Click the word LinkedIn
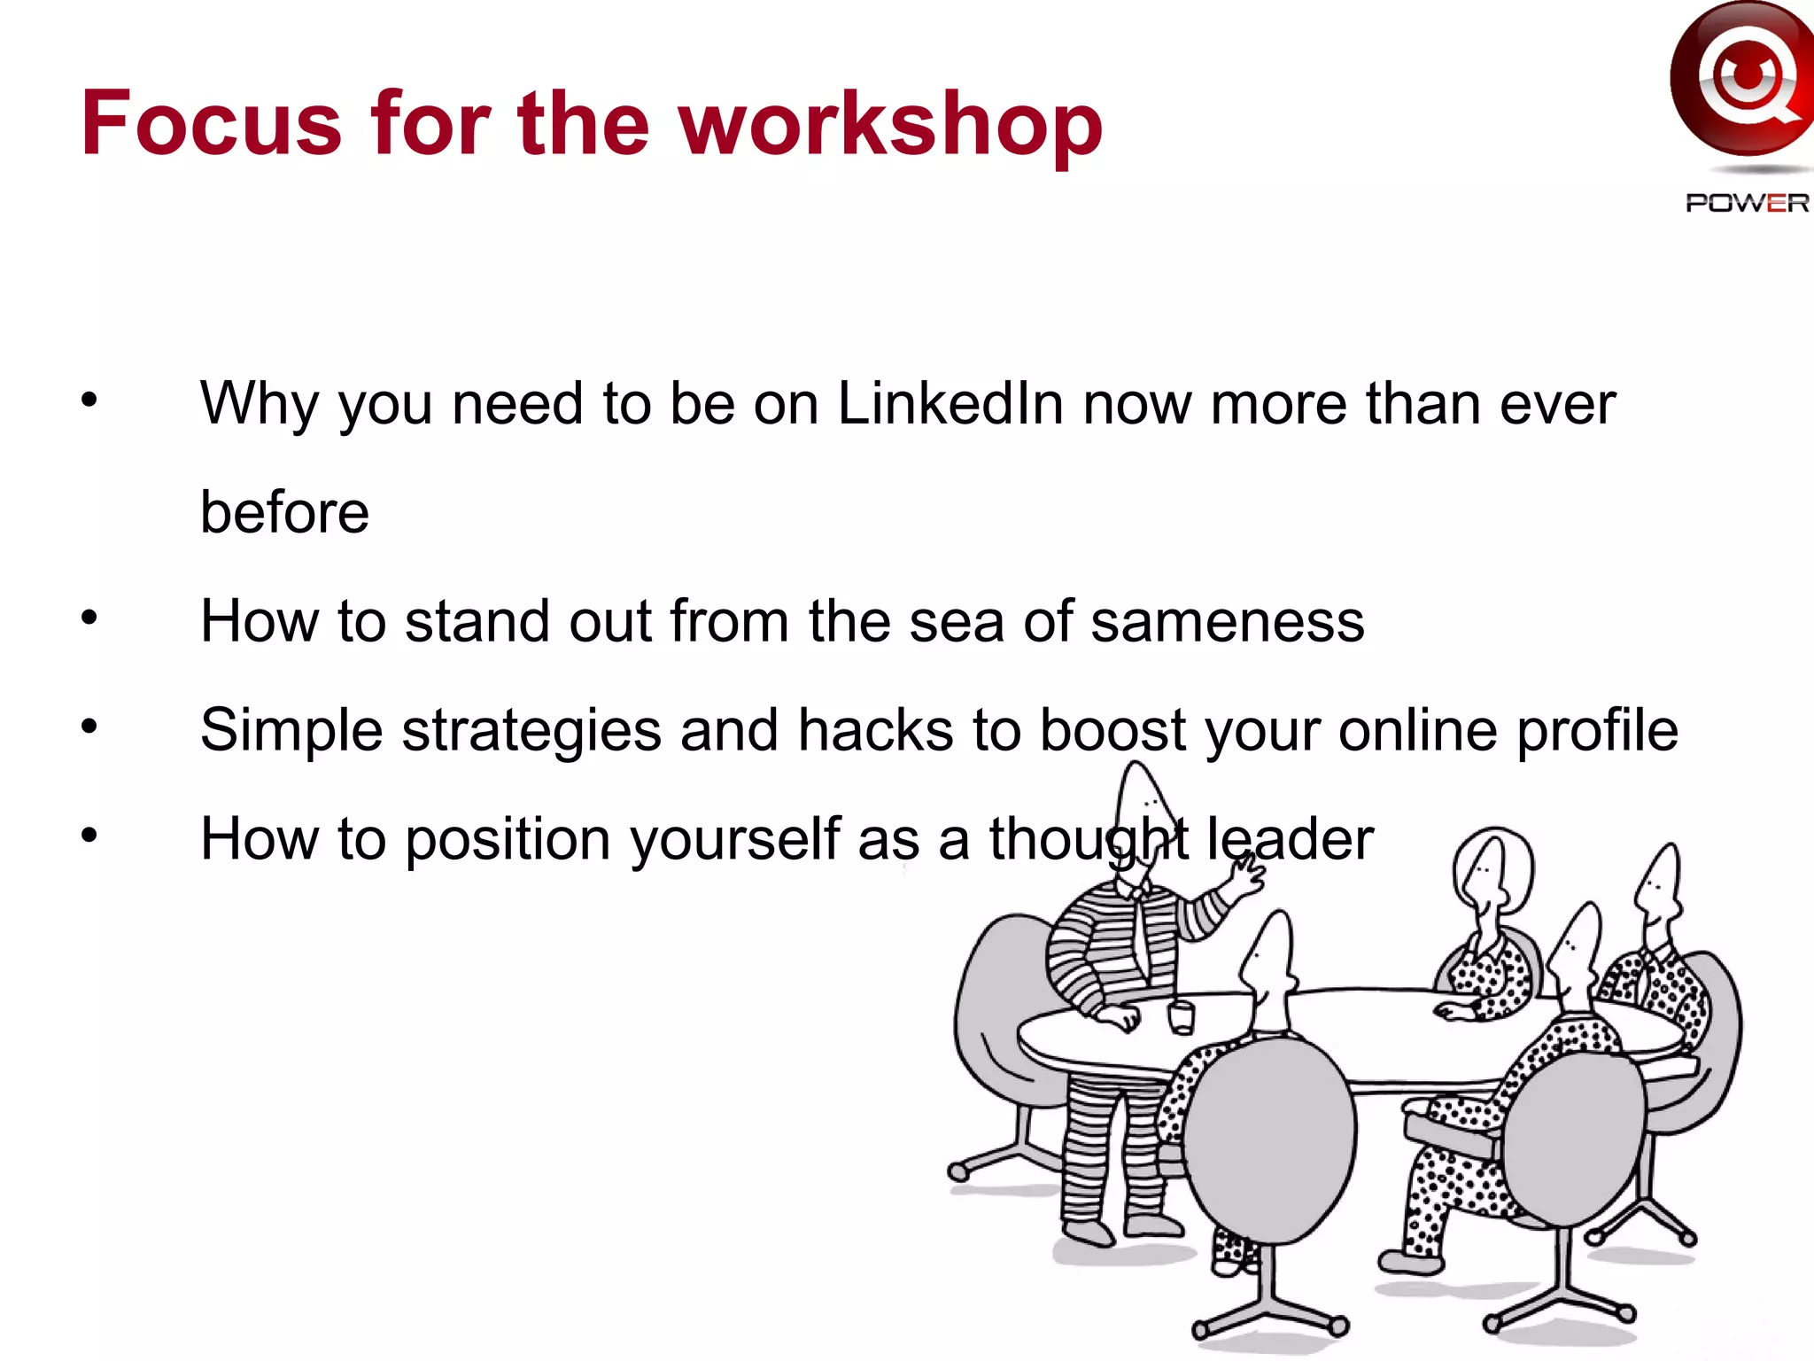point(950,404)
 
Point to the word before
point(284,513)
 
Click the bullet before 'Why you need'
point(89,401)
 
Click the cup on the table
point(1182,1015)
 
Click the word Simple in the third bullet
point(291,731)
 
